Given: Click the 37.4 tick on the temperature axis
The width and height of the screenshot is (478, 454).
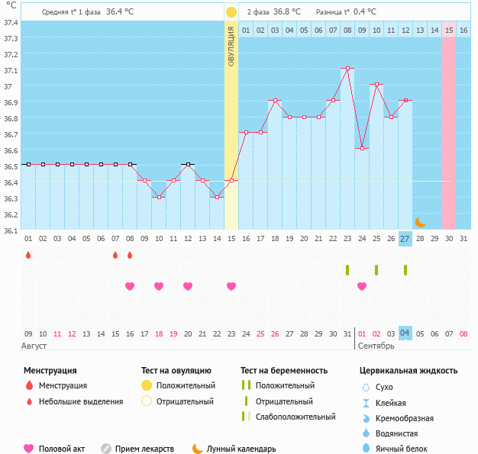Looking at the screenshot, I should (x=11, y=22).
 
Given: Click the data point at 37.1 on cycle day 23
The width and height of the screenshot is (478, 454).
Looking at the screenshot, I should (x=347, y=69).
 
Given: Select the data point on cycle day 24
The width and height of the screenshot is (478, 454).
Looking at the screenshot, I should (x=362, y=148).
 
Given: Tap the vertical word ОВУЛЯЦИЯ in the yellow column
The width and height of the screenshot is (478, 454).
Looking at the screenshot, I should (x=231, y=46).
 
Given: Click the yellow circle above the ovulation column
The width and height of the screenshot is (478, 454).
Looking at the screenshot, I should (x=231, y=12).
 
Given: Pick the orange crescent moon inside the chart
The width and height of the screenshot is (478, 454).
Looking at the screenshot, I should (x=420, y=221).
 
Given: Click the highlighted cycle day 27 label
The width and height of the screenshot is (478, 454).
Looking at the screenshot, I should (x=405, y=239).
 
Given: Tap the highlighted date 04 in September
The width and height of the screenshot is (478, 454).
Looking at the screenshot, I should (x=405, y=333).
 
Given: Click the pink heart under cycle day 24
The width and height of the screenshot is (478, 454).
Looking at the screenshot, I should (x=362, y=286).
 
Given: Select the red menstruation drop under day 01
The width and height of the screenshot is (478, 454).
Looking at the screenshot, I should (x=28, y=255).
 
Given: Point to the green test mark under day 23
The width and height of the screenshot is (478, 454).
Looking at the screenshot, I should (x=347, y=270).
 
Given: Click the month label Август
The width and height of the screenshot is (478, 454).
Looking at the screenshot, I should (x=35, y=346).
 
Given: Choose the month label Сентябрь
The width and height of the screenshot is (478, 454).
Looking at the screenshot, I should (x=376, y=346).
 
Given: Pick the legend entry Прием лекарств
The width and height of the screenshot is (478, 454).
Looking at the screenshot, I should (x=144, y=449).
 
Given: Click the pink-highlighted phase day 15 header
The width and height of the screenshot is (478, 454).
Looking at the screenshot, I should (x=449, y=30).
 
